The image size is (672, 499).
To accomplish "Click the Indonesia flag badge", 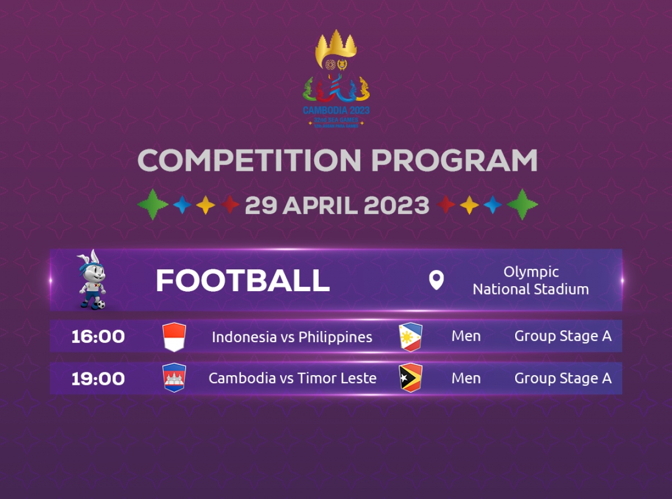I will (x=174, y=337).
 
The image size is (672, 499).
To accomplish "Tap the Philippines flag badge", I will (x=410, y=337).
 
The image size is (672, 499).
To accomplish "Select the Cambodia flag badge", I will (x=174, y=378).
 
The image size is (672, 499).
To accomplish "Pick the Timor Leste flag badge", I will (x=410, y=378).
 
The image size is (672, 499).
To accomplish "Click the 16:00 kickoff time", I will (x=98, y=337).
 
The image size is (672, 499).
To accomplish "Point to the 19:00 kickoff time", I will (x=98, y=379).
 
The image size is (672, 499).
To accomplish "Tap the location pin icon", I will (x=436, y=280).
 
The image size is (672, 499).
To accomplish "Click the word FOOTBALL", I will (x=242, y=281).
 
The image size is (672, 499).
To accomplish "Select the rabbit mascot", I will (x=91, y=279).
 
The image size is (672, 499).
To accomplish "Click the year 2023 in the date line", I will (x=396, y=206).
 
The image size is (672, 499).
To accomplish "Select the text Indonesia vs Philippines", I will (x=292, y=337).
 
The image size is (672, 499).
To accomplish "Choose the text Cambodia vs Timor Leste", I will (x=292, y=379).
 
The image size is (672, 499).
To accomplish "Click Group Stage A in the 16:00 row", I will (x=563, y=337).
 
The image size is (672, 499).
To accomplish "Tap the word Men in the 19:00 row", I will (x=466, y=379).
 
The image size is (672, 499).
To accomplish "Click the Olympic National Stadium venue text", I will (x=530, y=281).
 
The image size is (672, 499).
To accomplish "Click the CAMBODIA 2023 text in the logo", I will (x=336, y=110).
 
